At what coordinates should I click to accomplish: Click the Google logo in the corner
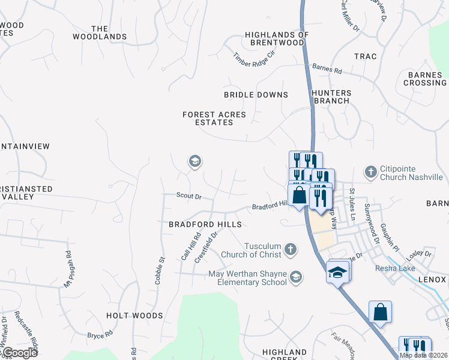coord(19,353)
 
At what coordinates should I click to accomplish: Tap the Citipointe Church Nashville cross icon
coord(371,172)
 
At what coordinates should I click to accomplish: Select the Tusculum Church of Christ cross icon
coord(291,249)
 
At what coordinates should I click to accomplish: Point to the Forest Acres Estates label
coord(208,118)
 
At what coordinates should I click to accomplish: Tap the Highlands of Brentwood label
coord(277,39)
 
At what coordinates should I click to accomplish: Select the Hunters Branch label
coord(330,97)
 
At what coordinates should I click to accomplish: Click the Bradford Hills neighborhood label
coord(205,224)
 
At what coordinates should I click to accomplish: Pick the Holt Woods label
coord(134,316)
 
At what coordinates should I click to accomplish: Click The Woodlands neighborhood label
coord(100,33)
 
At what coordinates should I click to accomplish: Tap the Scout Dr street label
coord(188,196)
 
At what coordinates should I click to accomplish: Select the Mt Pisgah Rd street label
coord(67,268)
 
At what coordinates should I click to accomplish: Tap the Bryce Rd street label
coord(100,334)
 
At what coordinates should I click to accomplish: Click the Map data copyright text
coord(424,355)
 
